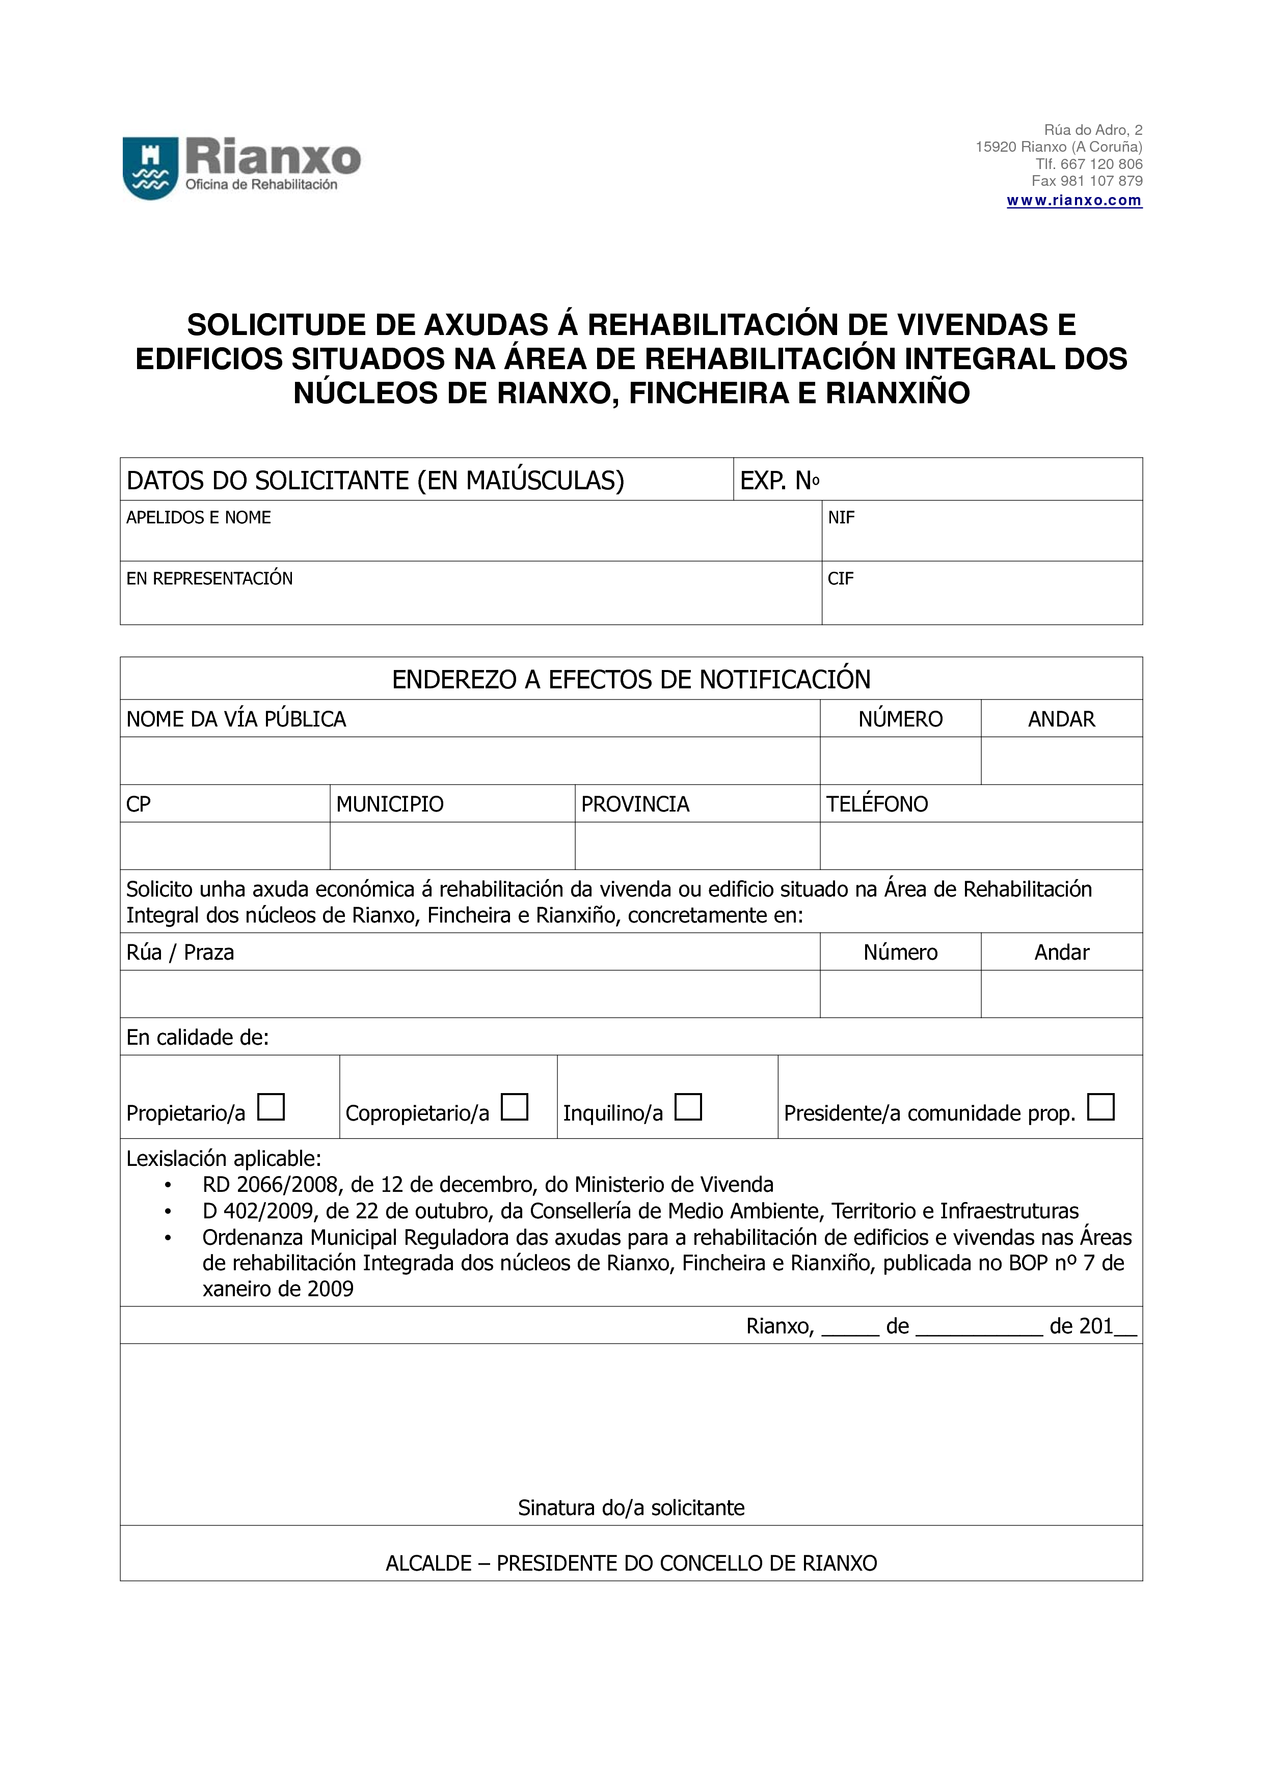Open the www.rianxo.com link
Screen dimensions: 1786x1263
pos(1074,201)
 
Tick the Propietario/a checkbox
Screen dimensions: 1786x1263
pos(271,1106)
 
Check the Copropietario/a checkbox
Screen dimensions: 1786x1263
pos(515,1106)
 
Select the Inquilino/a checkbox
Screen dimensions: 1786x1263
pos(688,1106)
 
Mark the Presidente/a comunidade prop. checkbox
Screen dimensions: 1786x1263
pos(1100,1106)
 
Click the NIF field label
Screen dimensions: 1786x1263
pos(841,518)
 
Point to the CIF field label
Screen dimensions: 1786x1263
pos(841,579)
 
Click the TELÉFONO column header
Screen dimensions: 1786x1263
pos(877,804)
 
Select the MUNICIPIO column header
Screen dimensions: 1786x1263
pos(390,804)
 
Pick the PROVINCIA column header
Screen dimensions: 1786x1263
pos(635,804)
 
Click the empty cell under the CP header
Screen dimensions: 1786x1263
pos(225,846)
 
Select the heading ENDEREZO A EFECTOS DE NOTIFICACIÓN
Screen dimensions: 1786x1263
pos(631,680)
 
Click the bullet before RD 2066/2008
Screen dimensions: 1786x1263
pos(167,1185)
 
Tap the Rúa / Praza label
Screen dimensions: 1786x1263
pos(180,953)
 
